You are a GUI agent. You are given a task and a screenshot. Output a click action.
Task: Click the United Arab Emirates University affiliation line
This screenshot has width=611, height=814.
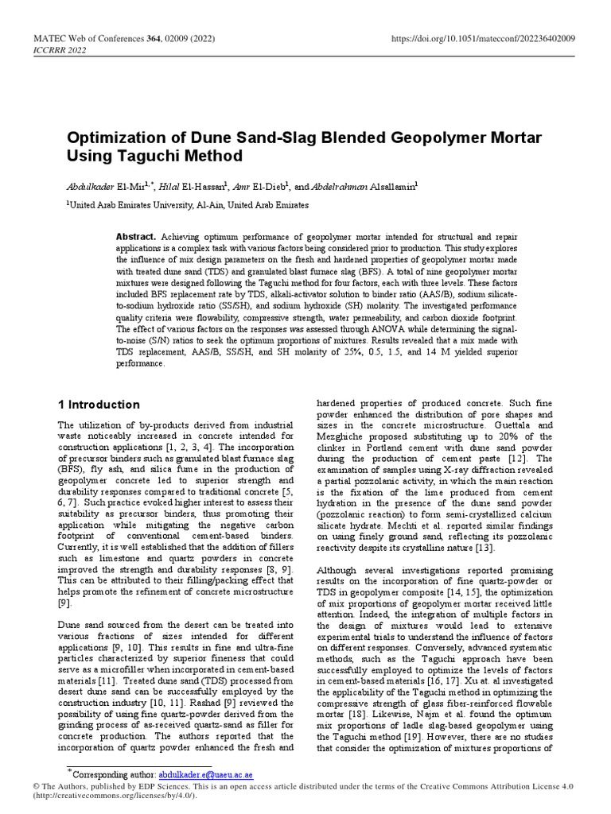point(187,204)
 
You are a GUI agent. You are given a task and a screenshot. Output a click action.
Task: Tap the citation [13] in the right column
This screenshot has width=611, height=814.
point(485,548)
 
